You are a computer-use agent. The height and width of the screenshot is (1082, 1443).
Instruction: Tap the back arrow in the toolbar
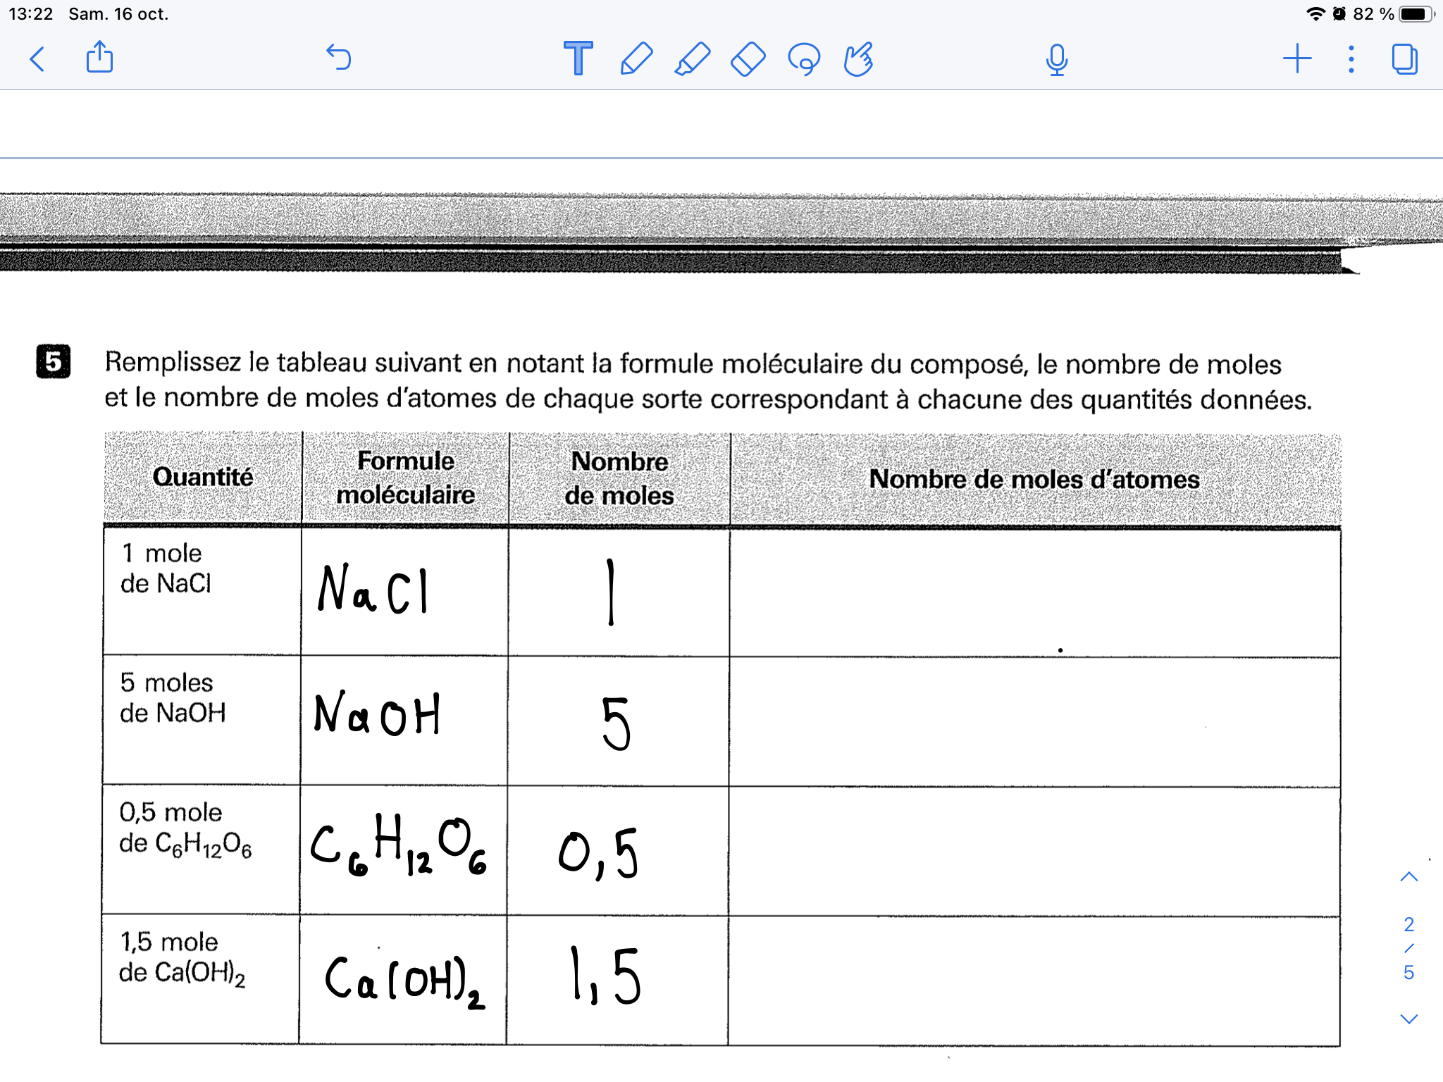(38, 59)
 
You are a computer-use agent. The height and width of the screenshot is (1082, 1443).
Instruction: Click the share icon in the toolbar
(99, 57)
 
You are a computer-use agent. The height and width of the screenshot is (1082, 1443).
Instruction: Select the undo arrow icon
(339, 58)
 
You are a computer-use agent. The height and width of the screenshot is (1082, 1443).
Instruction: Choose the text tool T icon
(578, 58)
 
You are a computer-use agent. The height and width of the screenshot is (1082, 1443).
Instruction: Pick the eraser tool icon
(748, 59)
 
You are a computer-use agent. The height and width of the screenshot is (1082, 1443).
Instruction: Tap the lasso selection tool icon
(804, 59)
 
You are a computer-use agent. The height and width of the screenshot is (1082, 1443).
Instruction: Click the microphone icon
(1056, 60)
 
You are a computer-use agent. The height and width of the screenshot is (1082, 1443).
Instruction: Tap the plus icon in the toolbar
(1296, 59)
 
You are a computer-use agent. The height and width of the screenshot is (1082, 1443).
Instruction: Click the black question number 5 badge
(54, 361)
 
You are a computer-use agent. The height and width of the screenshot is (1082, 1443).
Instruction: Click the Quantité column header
(203, 478)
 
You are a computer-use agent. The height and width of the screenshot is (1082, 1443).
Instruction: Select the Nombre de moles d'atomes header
(1034, 480)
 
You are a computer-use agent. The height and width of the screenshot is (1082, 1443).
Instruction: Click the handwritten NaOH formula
(377, 714)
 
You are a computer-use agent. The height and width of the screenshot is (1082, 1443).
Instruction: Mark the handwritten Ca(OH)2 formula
(404, 979)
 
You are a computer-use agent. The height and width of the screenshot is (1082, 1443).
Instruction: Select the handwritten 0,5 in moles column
(599, 853)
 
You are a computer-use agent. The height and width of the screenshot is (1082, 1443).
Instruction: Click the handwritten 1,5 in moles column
(605, 976)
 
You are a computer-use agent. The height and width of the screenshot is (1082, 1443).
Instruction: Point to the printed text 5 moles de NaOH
(173, 697)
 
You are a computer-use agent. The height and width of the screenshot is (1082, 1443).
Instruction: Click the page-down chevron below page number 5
(1408, 1019)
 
